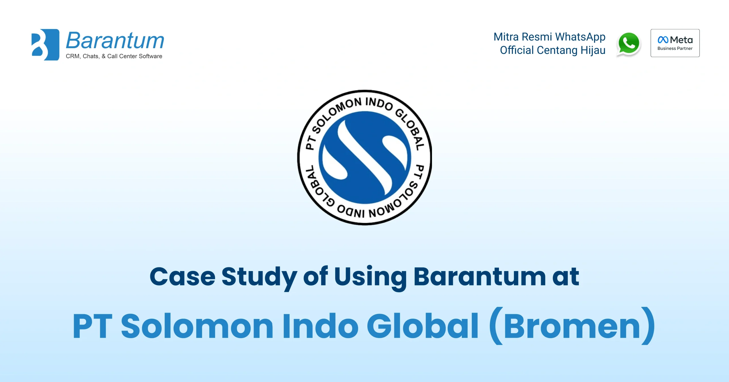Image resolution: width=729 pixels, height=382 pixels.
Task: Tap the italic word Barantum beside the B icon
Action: coord(115,40)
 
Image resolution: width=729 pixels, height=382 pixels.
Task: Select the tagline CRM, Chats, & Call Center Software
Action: coord(114,56)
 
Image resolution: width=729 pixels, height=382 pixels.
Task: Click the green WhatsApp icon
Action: coord(629,44)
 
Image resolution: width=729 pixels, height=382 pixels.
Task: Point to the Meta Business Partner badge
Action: coord(675,43)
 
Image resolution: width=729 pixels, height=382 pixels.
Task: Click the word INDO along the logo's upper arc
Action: coord(379,103)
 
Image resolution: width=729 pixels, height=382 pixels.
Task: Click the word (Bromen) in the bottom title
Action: coord(572,326)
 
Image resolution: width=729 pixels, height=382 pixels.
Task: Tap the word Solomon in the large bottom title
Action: coord(197,326)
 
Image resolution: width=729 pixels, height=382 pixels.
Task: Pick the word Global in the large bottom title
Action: coord(423,326)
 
